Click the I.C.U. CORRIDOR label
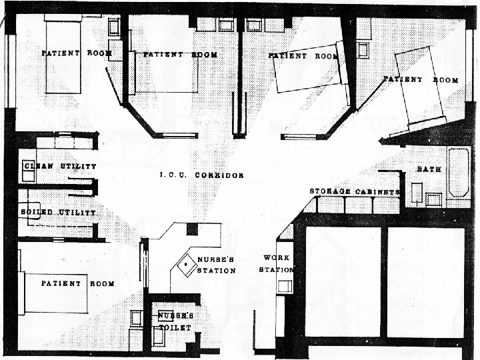(201, 175)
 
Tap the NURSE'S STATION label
(215, 265)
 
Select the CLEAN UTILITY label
(59, 165)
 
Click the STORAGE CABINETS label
(354, 192)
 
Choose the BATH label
(429, 169)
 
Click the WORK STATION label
(277, 263)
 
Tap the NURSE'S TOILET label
(176, 321)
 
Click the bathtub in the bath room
(458, 172)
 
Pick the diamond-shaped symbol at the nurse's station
(186, 266)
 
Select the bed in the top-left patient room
(63, 57)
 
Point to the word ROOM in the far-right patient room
(445, 80)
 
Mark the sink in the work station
(285, 286)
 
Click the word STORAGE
(330, 192)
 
